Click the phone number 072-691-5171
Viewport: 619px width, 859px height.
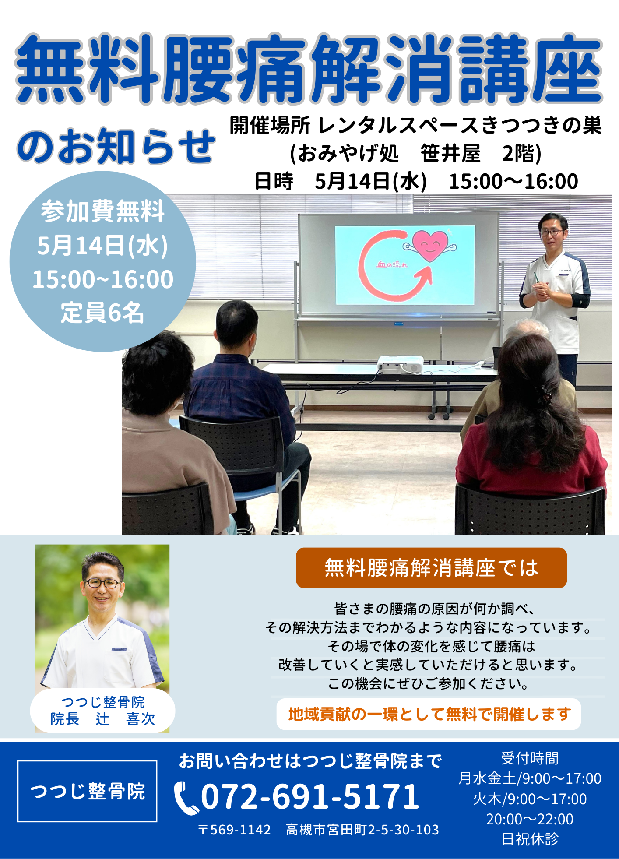(x=310, y=796)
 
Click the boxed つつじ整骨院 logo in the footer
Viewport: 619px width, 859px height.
(x=87, y=791)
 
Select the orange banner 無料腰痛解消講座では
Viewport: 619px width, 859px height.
(x=431, y=568)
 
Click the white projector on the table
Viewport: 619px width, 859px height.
(x=400, y=364)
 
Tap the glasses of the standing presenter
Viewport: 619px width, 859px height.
(x=551, y=232)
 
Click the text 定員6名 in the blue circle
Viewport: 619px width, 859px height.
(x=102, y=313)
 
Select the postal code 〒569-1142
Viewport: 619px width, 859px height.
(x=234, y=830)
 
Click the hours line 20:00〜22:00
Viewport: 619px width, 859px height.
(x=530, y=819)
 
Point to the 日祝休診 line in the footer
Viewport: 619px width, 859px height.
(x=530, y=839)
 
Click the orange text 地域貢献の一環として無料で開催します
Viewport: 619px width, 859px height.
(x=429, y=714)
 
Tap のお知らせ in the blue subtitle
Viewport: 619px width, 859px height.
(x=116, y=146)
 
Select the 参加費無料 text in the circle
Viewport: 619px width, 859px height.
(x=102, y=211)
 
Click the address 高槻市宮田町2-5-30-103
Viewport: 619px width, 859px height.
(x=362, y=830)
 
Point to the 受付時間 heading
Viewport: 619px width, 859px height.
(x=530, y=758)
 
